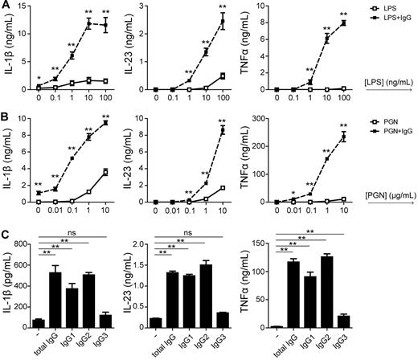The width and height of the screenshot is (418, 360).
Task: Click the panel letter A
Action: pyautogui.click(x=6, y=6)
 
